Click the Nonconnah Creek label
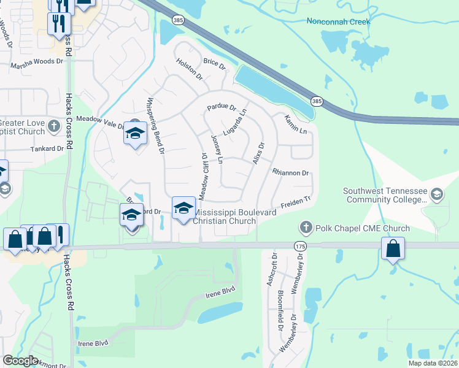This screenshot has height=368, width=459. point(339,21)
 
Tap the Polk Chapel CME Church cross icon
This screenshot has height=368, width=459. point(306,228)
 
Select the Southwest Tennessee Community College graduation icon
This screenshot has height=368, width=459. point(436,195)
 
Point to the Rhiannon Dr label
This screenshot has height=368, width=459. point(290,173)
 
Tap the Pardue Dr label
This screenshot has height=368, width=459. point(222,107)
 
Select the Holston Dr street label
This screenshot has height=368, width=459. point(189,68)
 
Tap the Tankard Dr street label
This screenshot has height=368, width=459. point(48,148)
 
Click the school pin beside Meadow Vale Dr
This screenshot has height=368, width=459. point(135,133)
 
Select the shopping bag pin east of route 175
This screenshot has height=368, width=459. point(393,249)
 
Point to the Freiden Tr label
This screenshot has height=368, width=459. point(296,202)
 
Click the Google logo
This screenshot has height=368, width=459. point(20,361)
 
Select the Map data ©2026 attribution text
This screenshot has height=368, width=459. point(432,363)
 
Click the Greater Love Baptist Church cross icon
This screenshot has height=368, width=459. point(55,127)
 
